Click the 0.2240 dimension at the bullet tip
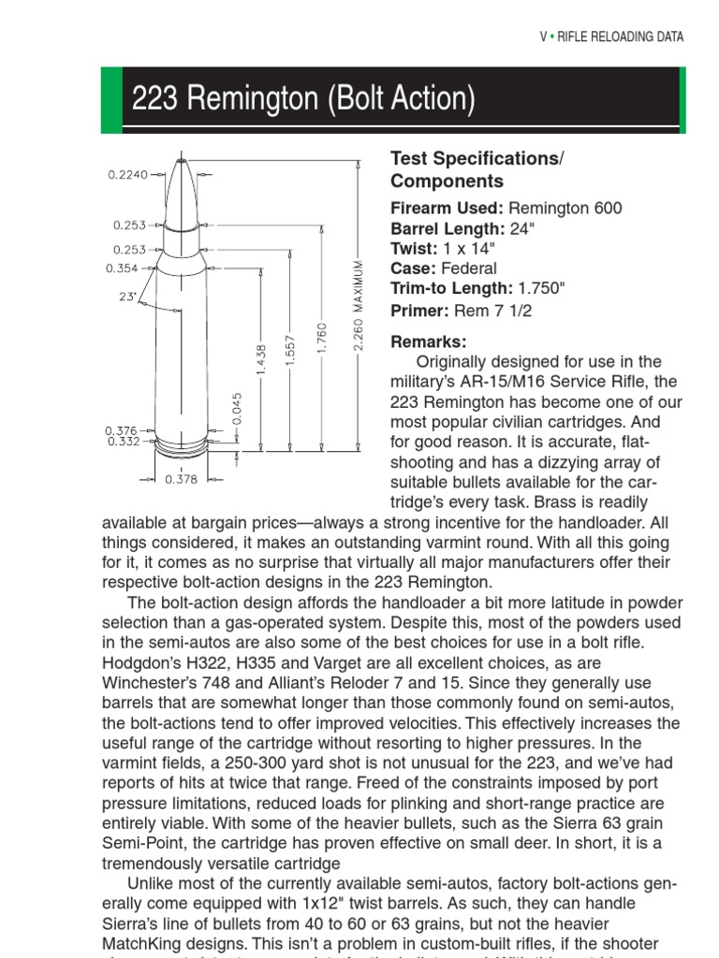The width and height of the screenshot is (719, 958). [x=128, y=174]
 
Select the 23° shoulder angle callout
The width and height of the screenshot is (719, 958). [x=126, y=298]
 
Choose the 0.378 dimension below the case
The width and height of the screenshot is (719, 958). [x=181, y=479]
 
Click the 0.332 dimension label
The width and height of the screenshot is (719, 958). [x=123, y=442]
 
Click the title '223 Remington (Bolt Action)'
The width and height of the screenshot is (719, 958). [x=303, y=99]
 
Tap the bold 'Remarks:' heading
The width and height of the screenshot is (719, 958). [x=428, y=342]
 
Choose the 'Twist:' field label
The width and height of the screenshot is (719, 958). [x=413, y=249]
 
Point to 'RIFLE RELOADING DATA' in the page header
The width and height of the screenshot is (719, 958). [x=621, y=37]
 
